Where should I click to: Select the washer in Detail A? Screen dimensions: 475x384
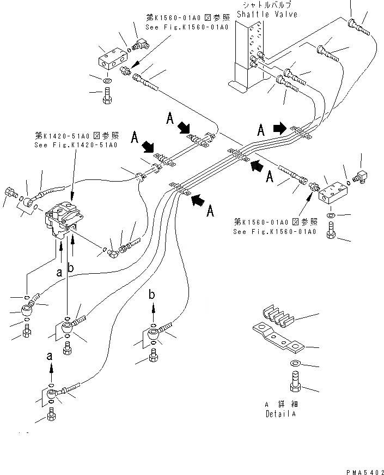295,364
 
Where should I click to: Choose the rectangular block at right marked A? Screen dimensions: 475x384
333,193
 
